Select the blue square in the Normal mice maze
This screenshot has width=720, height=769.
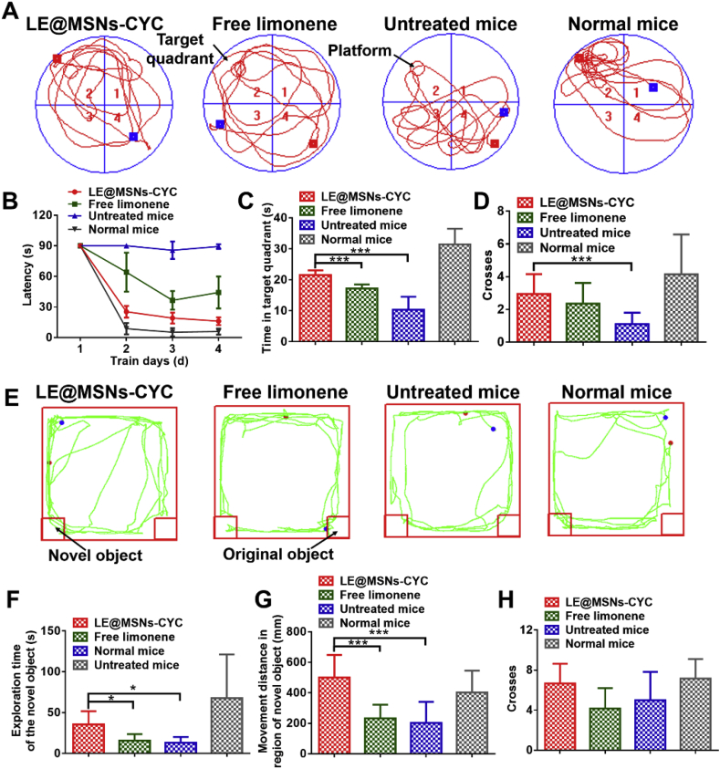point(653,88)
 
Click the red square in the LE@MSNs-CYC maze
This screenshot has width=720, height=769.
point(57,59)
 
